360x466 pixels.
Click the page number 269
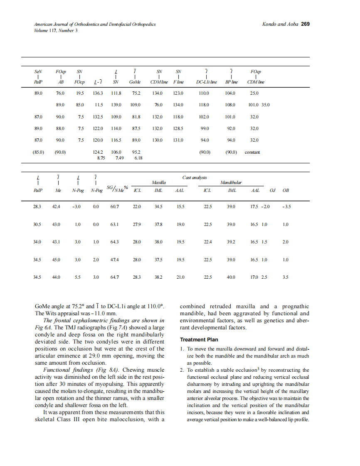[x=305, y=24]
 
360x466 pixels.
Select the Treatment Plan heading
[x=199, y=340]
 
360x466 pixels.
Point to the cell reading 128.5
[x=178, y=129]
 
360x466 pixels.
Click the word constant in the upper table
[x=252, y=152]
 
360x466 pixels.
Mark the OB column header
[x=286, y=191]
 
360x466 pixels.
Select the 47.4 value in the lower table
[x=115, y=260]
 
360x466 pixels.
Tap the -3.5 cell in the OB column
[x=286, y=206]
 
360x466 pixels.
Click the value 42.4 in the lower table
[x=56, y=206]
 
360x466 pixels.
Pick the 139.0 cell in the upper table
[x=116, y=105]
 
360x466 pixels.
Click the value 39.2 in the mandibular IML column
[x=231, y=242]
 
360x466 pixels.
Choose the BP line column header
[x=231, y=82]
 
